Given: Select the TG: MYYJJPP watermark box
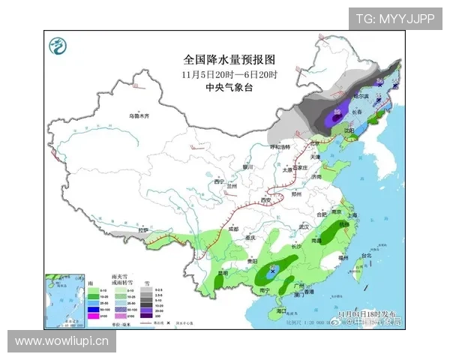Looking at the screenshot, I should tap(394, 18).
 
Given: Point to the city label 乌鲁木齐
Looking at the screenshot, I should tap(139, 116).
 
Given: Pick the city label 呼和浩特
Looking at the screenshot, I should tap(283, 147).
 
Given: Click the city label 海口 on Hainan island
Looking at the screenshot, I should tap(281, 310).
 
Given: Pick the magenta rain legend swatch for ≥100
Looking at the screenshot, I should tap(96, 318).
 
